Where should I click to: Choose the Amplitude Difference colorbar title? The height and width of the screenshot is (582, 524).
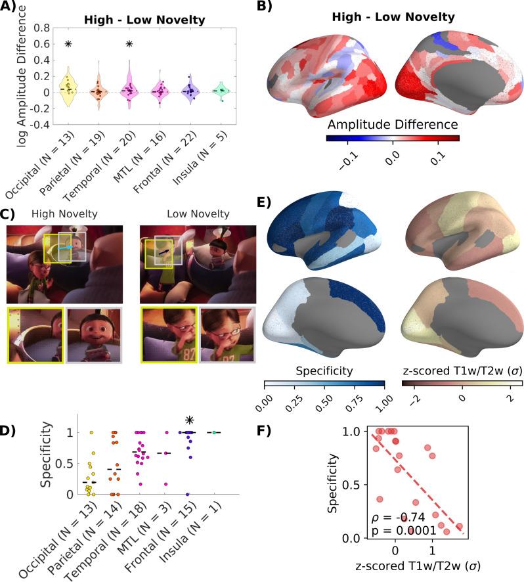tap(393, 123)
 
